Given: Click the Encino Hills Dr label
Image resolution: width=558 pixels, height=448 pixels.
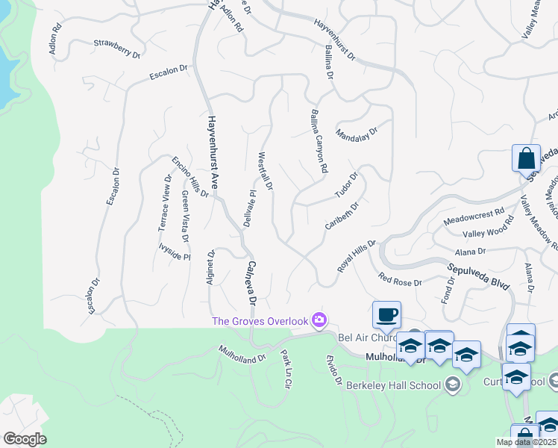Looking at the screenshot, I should (x=190, y=177).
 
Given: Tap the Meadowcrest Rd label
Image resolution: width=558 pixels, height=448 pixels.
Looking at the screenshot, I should (x=474, y=217).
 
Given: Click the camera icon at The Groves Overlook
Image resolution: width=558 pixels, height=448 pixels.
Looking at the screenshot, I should (x=319, y=320).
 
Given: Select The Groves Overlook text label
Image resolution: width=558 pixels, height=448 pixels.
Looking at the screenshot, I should (x=260, y=321).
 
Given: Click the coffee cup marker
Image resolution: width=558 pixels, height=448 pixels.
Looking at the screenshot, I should (x=386, y=315).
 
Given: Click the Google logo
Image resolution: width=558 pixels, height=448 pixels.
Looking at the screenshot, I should (x=25, y=439).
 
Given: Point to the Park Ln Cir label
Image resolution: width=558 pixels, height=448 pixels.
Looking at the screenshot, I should (x=285, y=370).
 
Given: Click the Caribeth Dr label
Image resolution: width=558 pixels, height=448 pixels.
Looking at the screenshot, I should (x=342, y=215).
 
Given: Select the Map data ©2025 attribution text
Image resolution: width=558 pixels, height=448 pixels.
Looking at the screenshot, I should (x=526, y=442).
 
